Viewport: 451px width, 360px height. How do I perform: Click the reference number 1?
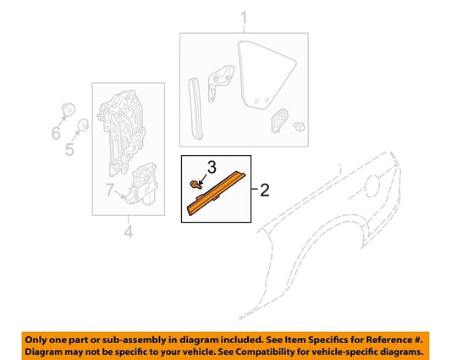244,17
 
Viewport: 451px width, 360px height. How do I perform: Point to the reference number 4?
129,230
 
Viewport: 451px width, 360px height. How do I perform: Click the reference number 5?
70,151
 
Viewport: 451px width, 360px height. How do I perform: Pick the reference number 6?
57,133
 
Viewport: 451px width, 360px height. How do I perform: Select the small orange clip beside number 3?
196,184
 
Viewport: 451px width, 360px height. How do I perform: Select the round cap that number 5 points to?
84,128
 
